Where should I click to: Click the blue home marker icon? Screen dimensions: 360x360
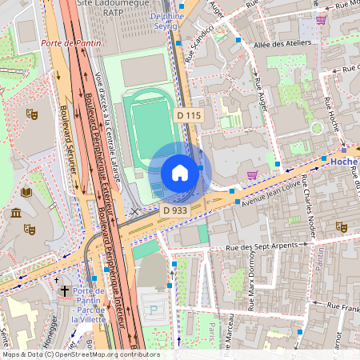coord(180,173)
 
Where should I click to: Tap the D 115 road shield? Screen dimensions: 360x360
coord(189,116)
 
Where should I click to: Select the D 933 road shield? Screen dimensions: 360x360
coord(175,210)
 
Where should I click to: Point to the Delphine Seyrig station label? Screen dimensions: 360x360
coord(166,21)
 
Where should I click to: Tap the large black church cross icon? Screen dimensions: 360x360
coord(65,292)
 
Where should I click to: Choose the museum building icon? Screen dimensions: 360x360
coord(16,213)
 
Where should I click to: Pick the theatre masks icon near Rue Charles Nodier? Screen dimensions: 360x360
coord(340,227)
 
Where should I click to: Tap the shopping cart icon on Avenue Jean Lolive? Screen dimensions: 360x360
coord(253,174)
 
